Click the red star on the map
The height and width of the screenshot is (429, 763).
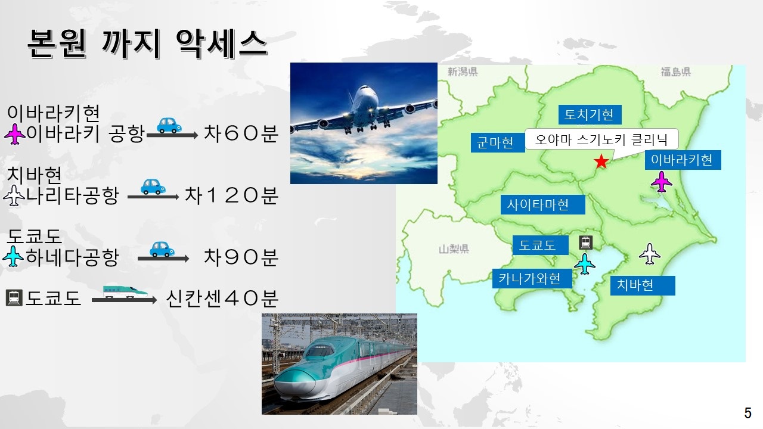(601, 161)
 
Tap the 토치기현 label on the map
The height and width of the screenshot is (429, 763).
(590, 114)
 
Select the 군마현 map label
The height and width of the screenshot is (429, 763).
(498, 142)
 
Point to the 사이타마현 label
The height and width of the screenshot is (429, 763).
(542, 204)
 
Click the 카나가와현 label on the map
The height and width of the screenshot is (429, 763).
(532, 278)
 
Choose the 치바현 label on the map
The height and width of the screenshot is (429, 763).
(643, 285)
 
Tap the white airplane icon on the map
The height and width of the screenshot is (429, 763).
(650, 253)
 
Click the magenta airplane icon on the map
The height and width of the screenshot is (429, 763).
(662, 182)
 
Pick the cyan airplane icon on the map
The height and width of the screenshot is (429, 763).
(585, 263)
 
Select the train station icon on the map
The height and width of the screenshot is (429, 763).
(585, 243)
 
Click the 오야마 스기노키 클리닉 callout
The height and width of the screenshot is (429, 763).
(601, 139)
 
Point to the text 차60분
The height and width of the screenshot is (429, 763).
(241, 133)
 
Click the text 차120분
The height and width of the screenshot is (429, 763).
(232, 195)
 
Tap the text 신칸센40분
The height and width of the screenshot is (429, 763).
(222, 299)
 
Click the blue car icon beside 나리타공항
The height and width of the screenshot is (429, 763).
(153, 186)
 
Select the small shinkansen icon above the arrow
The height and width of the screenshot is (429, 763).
(125, 291)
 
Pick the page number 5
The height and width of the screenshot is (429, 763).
(748, 413)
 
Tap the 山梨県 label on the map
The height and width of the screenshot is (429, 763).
(454, 249)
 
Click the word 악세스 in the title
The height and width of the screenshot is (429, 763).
(221, 43)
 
